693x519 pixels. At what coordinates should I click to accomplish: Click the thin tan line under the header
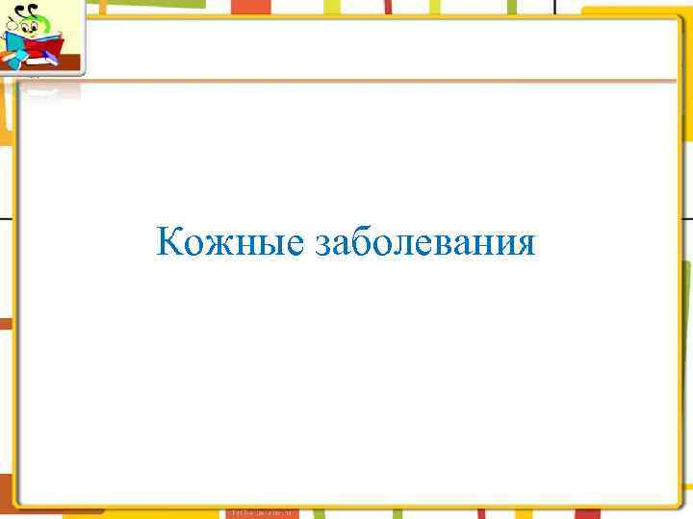[x=385, y=82]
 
